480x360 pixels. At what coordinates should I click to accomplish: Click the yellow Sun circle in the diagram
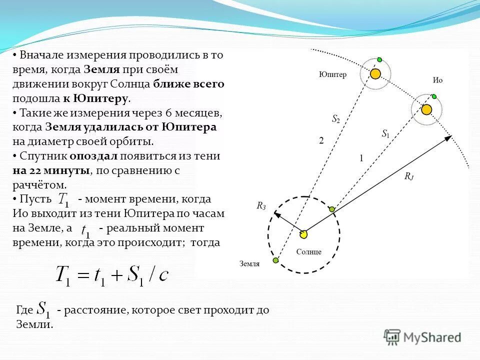pyautogui.click(x=303, y=234)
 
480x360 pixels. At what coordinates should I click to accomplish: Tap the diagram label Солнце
pyautogui.click(x=308, y=251)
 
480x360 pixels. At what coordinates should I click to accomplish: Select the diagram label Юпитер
pyautogui.click(x=332, y=74)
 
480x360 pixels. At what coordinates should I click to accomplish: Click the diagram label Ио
pyautogui.click(x=437, y=80)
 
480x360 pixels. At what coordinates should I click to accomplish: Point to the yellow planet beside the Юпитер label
pyautogui.click(x=375, y=74)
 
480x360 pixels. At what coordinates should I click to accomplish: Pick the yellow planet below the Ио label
pyautogui.click(x=426, y=109)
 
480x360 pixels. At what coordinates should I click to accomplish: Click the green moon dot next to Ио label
pyautogui.click(x=434, y=96)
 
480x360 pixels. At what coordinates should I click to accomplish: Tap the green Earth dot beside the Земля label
pyautogui.click(x=275, y=260)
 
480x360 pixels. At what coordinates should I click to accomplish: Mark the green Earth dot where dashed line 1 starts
pyautogui.click(x=332, y=208)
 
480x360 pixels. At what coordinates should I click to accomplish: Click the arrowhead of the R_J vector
pyautogui.click(x=448, y=137)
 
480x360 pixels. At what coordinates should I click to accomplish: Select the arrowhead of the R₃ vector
pyautogui.click(x=274, y=214)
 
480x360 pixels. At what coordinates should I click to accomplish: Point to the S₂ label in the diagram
pyautogui.click(x=336, y=119)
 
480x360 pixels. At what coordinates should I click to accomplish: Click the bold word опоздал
pyautogui.click(x=96, y=156)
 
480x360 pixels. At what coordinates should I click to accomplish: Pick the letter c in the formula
pyautogui.click(x=163, y=275)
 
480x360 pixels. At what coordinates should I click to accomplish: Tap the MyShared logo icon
pyautogui.click(x=392, y=337)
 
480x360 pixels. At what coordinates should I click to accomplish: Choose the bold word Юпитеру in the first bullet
pyautogui.click(x=102, y=98)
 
